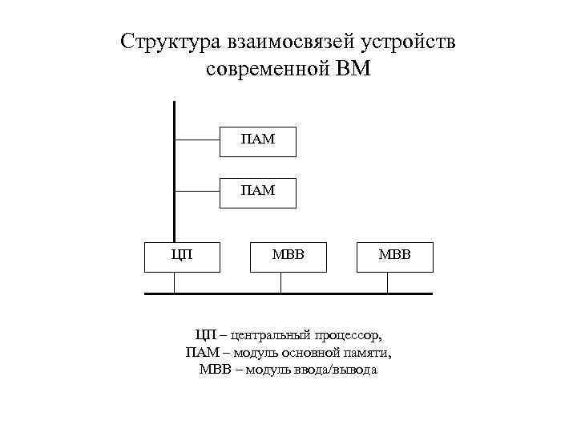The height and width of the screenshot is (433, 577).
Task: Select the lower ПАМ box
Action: (x=257, y=192)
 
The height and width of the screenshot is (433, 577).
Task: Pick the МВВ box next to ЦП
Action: (x=288, y=257)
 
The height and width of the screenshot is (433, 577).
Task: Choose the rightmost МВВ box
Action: (x=394, y=257)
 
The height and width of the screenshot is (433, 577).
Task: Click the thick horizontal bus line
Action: (x=321, y=293)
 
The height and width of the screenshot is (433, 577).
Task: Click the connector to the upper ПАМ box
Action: (x=197, y=140)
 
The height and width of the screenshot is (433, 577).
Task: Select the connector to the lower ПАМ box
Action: (x=197, y=192)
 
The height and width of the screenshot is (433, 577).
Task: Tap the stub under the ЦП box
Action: (x=174, y=282)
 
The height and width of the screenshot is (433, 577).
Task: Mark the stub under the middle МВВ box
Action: (x=280, y=282)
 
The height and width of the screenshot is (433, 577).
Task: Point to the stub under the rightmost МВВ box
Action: (x=388, y=282)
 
